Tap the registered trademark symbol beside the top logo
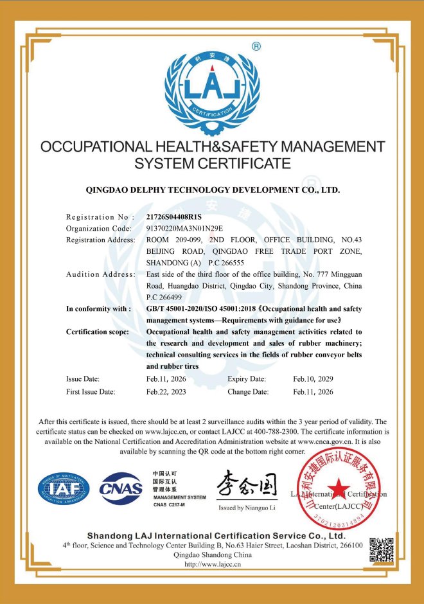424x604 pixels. [x=256, y=46]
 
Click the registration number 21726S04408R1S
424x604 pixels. [x=174, y=217]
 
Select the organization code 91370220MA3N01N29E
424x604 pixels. [x=185, y=228]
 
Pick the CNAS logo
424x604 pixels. [x=121, y=488]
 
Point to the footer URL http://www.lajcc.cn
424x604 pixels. [x=212, y=564]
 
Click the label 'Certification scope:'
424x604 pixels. [x=98, y=332]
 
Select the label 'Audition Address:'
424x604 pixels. [x=100, y=274]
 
